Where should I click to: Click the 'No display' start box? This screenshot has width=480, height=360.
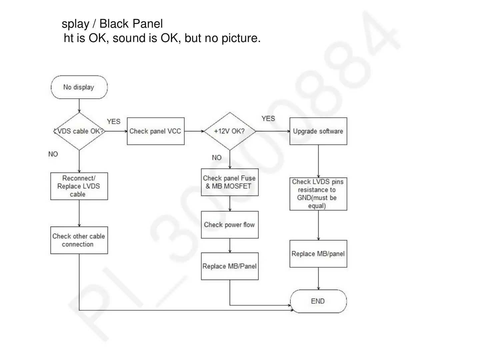tap(79, 87)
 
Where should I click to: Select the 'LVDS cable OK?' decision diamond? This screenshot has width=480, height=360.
tap(79, 131)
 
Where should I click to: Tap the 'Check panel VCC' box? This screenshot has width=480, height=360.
tap(155, 131)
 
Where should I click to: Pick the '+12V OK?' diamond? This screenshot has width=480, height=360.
tap(230, 131)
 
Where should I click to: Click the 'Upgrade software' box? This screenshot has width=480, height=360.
tap(318, 131)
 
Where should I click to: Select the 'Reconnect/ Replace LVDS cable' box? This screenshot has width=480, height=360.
tap(79, 186)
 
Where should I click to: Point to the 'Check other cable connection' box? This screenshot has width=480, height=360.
tap(79, 240)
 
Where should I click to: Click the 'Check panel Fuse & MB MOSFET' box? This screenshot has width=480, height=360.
tap(230, 182)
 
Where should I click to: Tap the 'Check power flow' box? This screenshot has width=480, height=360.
tap(230, 225)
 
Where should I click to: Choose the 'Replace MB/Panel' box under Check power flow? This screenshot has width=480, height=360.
tap(230, 266)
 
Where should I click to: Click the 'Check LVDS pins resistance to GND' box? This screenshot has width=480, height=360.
tap(318, 194)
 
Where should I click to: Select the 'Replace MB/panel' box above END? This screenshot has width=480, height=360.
tap(318, 254)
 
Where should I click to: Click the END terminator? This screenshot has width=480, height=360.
tap(318, 301)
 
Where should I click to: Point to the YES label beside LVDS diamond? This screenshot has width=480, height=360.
tap(114, 122)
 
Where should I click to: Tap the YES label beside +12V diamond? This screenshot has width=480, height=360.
tap(268, 119)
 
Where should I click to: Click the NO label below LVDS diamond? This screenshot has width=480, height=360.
tap(53, 154)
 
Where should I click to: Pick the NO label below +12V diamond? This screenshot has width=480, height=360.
tap(217, 158)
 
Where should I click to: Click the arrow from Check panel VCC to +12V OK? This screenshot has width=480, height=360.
tap(194, 131)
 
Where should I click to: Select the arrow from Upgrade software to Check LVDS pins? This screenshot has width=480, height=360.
tap(318, 161)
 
